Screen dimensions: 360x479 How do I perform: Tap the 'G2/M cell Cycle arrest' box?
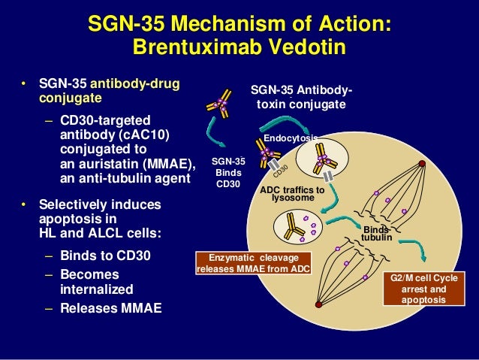click(424, 289)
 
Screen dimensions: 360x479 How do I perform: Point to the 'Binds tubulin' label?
click(375, 234)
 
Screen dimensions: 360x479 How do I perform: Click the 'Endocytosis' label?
click(290, 138)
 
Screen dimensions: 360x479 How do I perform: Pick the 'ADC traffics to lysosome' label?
click(291, 194)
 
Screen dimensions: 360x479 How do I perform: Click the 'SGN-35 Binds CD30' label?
click(228, 173)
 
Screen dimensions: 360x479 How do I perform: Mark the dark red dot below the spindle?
click(319, 304)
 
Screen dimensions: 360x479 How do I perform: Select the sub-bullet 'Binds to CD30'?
click(104, 256)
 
